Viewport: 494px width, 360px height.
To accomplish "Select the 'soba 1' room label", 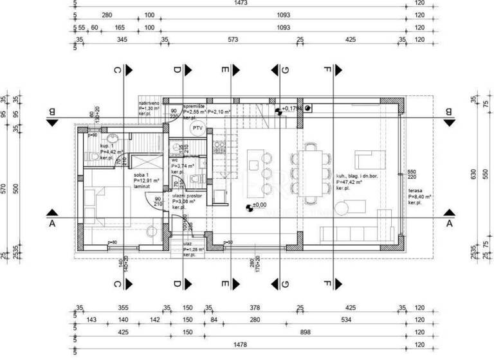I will [x=143, y=176].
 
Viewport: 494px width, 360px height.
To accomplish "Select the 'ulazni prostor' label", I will [x=187, y=195].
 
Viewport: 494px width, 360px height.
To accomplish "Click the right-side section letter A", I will [x=447, y=223].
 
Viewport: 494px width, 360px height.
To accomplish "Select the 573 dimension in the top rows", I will [x=233, y=40].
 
